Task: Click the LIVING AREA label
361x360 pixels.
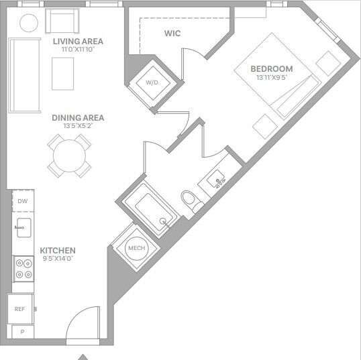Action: (77, 42)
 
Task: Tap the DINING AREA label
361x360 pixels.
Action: (78, 118)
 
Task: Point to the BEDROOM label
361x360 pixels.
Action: (272, 68)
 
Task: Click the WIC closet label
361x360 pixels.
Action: (172, 33)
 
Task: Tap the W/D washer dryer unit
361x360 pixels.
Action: (152, 82)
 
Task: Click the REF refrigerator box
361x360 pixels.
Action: (20, 309)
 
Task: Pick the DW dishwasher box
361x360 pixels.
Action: (22, 201)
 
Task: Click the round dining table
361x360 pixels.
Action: (69, 156)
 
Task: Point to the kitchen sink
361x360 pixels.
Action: (23, 228)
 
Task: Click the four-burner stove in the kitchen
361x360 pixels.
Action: (23, 269)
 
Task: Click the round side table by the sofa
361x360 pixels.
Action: (28, 23)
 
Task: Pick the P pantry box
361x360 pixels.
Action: (22, 332)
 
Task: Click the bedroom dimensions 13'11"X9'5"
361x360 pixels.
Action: (272, 77)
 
